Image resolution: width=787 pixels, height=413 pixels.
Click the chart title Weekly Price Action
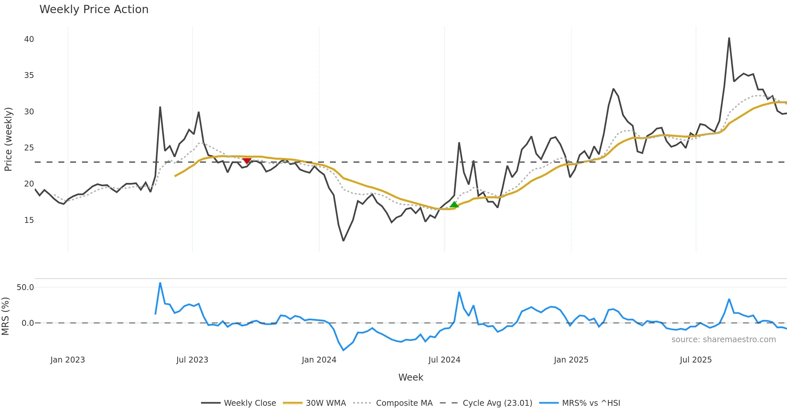(94, 10)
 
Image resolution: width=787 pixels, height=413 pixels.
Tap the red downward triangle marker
(247, 161)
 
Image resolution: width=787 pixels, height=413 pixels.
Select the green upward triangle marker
(454, 205)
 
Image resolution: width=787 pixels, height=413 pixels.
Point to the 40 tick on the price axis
(29, 39)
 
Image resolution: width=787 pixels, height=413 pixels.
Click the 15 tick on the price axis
(29, 220)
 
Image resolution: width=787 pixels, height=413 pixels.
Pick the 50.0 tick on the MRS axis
(25, 287)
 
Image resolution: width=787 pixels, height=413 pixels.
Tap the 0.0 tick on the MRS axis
(28, 323)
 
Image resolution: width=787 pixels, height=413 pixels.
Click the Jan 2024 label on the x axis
(319, 360)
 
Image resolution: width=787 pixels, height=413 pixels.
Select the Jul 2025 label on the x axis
(696, 360)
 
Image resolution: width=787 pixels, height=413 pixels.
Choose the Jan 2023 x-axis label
(68, 360)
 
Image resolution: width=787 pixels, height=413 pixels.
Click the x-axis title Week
(411, 378)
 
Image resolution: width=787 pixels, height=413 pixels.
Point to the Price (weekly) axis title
(8, 139)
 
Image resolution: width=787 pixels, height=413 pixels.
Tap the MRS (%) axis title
(5, 316)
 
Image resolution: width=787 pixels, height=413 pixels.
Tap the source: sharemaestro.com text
(723, 340)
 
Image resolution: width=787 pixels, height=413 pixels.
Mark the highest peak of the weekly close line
(729, 38)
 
